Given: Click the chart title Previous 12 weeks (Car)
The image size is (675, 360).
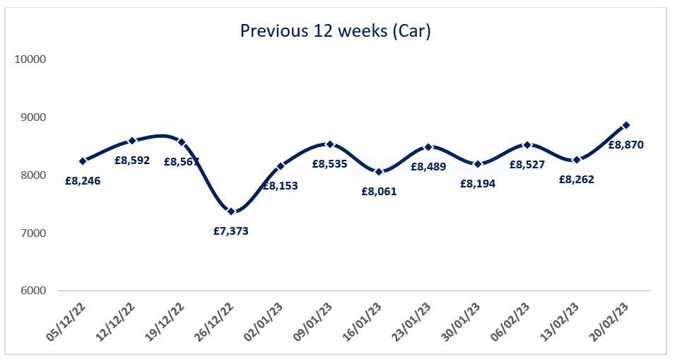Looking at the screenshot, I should pos(335,31).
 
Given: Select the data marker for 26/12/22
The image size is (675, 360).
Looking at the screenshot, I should pos(231,211).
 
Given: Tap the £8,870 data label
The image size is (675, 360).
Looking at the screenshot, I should pos(626,145).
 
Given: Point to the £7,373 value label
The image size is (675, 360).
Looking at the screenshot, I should pos(231,231).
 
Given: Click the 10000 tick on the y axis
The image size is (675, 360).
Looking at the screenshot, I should pos(30,59).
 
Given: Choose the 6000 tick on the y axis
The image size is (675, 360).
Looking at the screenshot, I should pos(30,291).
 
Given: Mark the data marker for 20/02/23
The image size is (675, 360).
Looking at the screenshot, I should pos(626,125).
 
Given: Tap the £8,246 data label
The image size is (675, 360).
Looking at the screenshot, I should pos(83,181).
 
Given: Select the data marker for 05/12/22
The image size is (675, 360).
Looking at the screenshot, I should pos(83,161).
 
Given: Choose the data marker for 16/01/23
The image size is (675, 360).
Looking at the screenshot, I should pos(379,172).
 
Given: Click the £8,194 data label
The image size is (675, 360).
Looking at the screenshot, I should pos(478,183).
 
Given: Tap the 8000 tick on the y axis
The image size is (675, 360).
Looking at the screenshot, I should pos(30,175).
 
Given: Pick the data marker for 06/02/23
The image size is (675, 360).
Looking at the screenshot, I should pos(527,144).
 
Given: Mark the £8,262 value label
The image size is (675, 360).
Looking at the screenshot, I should pos(576,180).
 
